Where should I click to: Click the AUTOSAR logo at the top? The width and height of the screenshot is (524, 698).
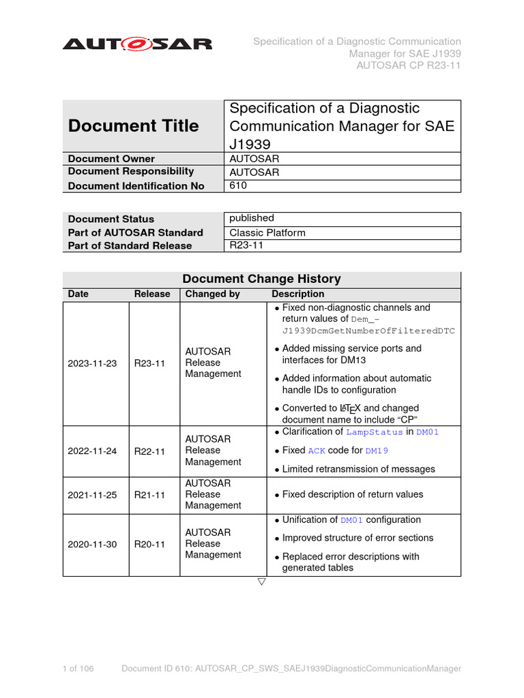pyautogui.click(x=137, y=44)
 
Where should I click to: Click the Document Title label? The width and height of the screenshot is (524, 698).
pyautogui.click(x=134, y=126)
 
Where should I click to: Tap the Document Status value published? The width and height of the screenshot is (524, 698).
pyautogui.click(x=251, y=218)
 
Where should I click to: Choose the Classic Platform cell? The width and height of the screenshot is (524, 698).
pyautogui.click(x=267, y=232)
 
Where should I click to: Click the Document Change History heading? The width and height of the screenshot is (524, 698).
pyautogui.click(x=261, y=279)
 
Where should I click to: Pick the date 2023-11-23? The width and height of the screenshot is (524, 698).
pyautogui.click(x=93, y=363)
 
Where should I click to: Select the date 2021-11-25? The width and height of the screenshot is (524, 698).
pyautogui.click(x=93, y=494)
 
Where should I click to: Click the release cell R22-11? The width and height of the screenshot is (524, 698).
pyautogui.click(x=149, y=451)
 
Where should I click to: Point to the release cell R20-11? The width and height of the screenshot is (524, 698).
pyautogui.click(x=149, y=544)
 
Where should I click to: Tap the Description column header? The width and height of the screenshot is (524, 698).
pyautogui.click(x=297, y=294)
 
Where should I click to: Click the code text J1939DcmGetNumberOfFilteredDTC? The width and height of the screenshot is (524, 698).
pyautogui.click(x=368, y=331)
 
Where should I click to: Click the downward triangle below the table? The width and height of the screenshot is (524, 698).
pyautogui.click(x=261, y=582)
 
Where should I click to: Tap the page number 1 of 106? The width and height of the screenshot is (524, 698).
pyautogui.click(x=78, y=669)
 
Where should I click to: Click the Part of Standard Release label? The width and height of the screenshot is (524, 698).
pyautogui.click(x=130, y=246)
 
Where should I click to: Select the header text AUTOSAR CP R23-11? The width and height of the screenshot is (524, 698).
pyautogui.click(x=409, y=65)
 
